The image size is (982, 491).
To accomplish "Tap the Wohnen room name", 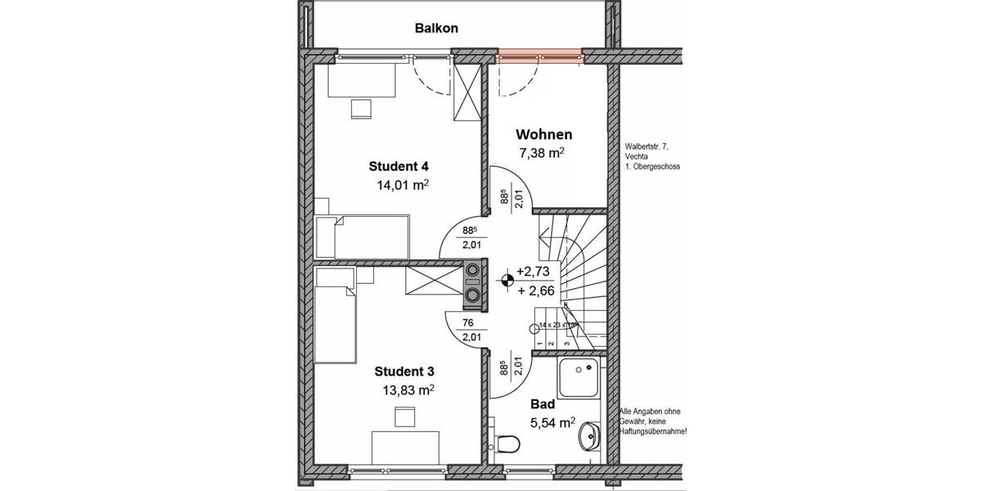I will [543, 135].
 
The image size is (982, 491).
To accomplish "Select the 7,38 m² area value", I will [543, 153].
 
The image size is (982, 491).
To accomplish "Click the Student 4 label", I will [398, 167].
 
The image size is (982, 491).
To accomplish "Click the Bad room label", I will [543, 404].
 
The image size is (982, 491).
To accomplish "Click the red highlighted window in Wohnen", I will [540, 56].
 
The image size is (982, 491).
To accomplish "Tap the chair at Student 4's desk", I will [361, 109].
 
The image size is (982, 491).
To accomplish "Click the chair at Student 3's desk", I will [403, 417].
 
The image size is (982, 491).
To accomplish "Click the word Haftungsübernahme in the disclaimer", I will [652, 431].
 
